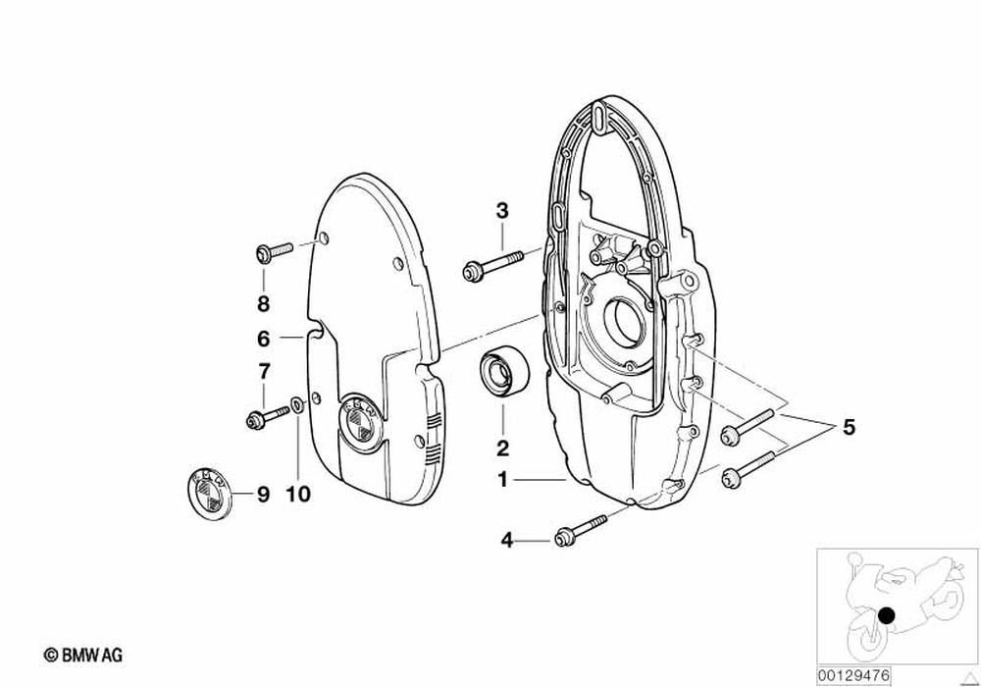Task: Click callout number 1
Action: click(x=501, y=481)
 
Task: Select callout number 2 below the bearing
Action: click(x=501, y=449)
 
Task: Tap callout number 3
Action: click(x=502, y=210)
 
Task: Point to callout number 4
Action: click(x=507, y=539)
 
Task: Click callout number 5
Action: click(x=849, y=428)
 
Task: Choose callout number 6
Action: click(x=263, y=339)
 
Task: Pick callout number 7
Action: click(x=263, y=372)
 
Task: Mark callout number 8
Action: click(x=263, y=303)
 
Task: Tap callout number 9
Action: click(x=263, y=495)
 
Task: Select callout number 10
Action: click(x=298, y=495)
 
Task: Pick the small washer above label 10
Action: click(x=297, y=404)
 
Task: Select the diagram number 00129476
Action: click(x=851, y=675)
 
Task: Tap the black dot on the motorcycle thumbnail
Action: click(x=887, y=617)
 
